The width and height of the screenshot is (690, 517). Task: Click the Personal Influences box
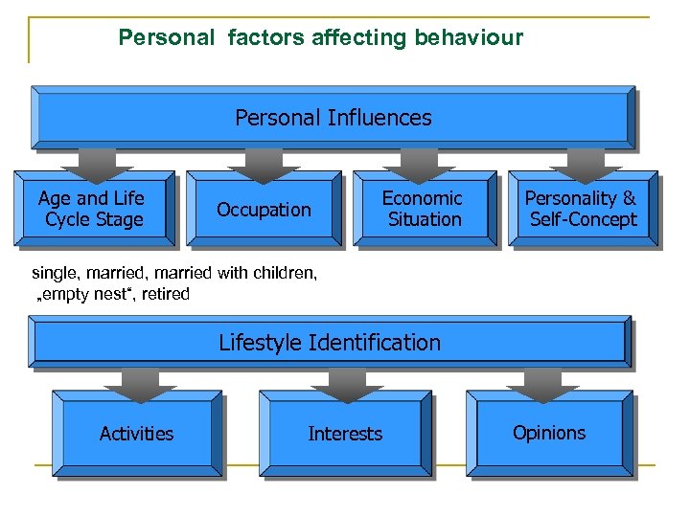click(x=333, y=118)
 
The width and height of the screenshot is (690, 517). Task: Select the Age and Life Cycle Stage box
click(x=93, y=209)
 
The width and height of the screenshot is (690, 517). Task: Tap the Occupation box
click(x=264, y=210)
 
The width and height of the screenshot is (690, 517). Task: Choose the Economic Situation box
click(x=423, y=209)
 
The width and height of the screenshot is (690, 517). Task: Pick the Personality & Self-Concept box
click(x=581, y=209)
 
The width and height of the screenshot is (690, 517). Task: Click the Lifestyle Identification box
click(x=330, y=343)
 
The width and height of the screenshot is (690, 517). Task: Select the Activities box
click(x=137, y=434)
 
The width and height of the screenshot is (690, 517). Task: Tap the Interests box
click(x=345, y=434)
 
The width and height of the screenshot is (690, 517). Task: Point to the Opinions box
click(x=549, y=433)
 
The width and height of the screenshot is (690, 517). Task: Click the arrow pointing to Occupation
click(x=255, y=164)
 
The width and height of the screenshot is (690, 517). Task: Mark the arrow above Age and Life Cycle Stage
click(x=92, y=164)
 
